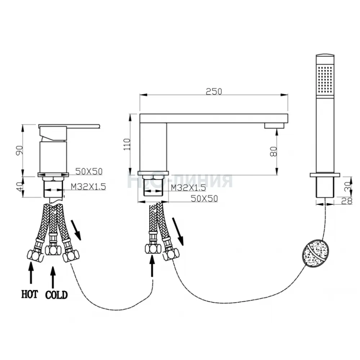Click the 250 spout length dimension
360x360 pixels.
click(x=214, y=91)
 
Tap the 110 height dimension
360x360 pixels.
click(x=127, y=144)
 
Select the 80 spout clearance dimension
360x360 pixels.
click(x=274, y=152)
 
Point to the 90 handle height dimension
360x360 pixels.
click(x=19, y=150)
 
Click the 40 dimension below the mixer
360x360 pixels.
click(x=19, y=186)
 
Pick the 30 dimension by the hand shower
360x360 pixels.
click(x=348, y=186)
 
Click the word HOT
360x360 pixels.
click(x=30, y=294)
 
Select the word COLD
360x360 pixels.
click(x=57, y=295)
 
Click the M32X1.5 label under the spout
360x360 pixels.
click(x=189, y=188)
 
